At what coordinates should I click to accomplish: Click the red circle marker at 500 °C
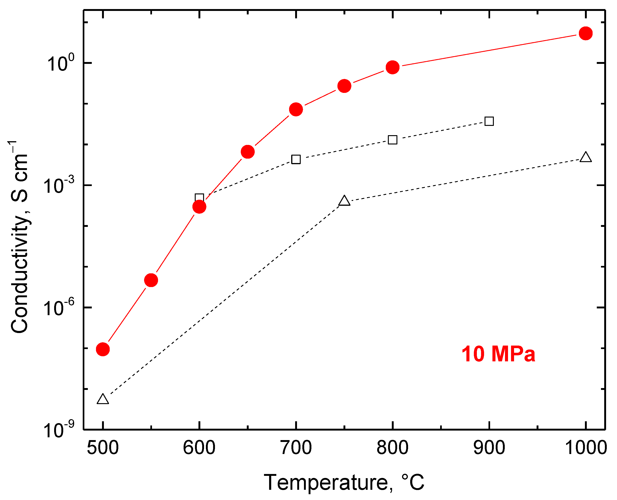click(x=103, y=349)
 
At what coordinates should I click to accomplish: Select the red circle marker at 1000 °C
click(x=586, y=33)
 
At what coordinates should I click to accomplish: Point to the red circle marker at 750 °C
click(x=344, y=86)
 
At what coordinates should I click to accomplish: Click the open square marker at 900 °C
click(x=489, y=121)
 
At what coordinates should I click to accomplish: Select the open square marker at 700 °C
click(x=296, y=159)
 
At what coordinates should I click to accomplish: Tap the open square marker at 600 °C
click(x=199, y=198)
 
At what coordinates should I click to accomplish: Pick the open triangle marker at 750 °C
click(x=344, y=201)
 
